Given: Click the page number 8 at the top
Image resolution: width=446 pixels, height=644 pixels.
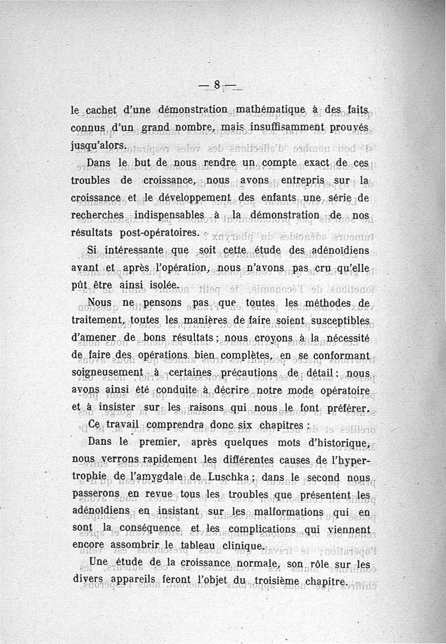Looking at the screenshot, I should (x=217, y=85).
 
